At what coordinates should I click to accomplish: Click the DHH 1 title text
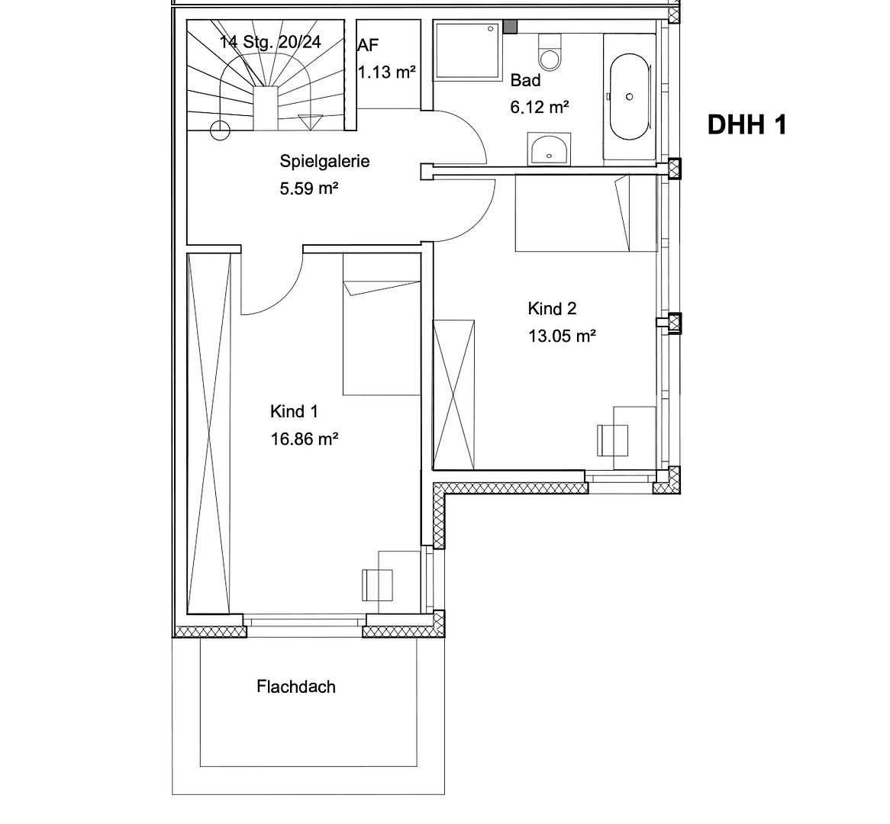pyautogui.click(x=746, y=124)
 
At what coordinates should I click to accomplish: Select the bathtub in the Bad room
pyautogui.click(x=629, y=97)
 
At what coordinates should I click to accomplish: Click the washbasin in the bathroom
pyautogui.click(x=549, y=149)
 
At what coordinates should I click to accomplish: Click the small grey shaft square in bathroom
pyautogui.click(x=510, y=27)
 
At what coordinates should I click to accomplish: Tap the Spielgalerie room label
pyautogui.click(x=324, y=161)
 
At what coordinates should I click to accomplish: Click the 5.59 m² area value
pyautogui.click(x=308, y=188)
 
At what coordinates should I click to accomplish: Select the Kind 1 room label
pyautogui.click(x=294, y=412)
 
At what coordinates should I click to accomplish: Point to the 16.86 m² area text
pyautogui.click(x=304, y=439)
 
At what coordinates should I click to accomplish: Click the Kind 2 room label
pyautogui.click(x=552, y=308)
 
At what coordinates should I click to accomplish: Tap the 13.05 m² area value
pyautogui.click(x=562, y=336)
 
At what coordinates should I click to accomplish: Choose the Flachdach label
pyautogui.click(x=295, y=687)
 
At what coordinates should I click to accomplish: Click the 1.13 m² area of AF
pyautogui.click(x=387, y=72)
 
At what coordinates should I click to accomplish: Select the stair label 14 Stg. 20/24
pyautogui.click(x=270, y=42)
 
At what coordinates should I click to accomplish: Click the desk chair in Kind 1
pyautogui.click(x=376, y=584)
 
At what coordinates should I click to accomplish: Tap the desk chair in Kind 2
pyautogui.click(x=611, y=440)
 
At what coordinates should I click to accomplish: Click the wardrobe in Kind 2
pyautogui.click(x=453, y=394)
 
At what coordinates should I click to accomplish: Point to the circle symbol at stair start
pyautogui.click(x=220, y=130)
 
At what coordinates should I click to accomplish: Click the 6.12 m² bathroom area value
pyautogui.click(x=539, y=107)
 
